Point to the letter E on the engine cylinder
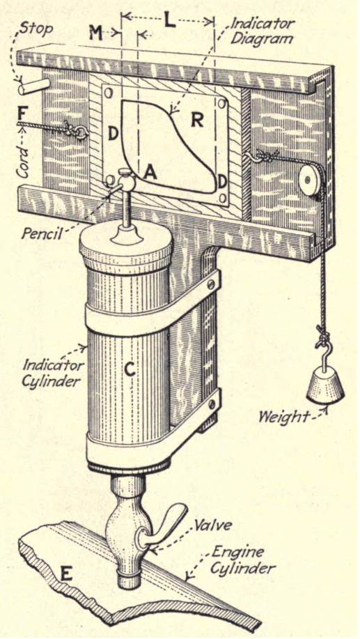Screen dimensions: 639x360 (x=66, y=573)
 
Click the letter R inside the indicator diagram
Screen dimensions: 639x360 (x=197, y=120)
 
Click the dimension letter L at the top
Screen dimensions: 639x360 (x=169, y=20)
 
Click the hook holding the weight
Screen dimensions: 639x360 (x=322, y=353)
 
